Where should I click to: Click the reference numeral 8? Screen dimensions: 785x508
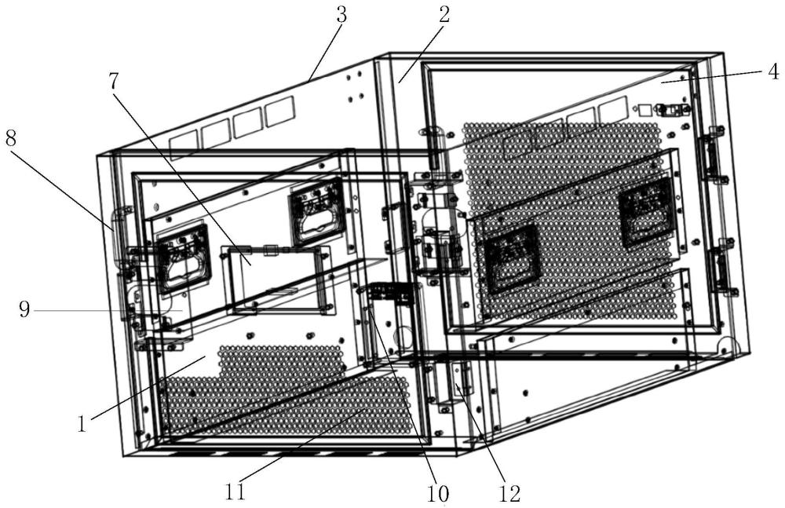(x=12, y=138)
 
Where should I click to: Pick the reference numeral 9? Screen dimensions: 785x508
(x=24, y=309)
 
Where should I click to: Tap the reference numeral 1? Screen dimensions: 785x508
(x=82, y=424)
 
